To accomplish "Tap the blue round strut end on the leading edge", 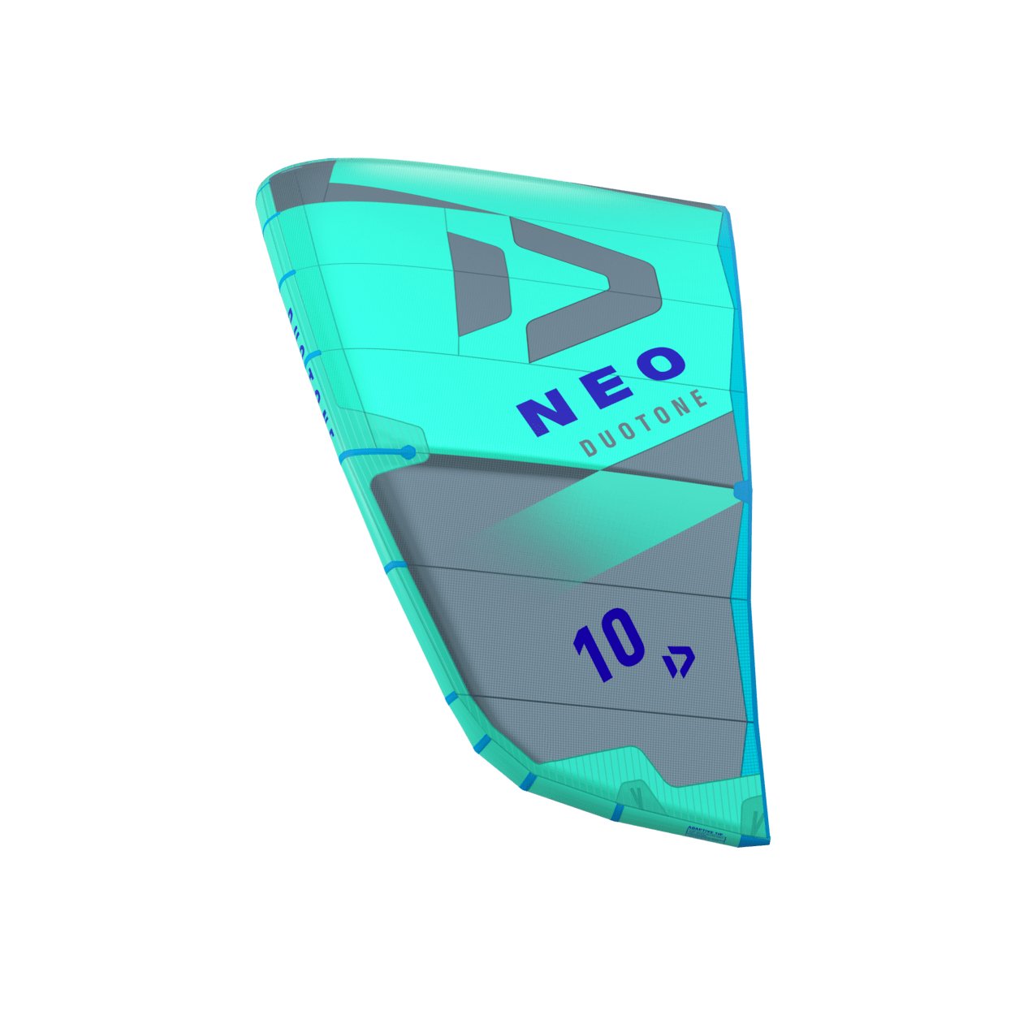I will coord(408,451).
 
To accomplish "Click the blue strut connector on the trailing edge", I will coord(741,490).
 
